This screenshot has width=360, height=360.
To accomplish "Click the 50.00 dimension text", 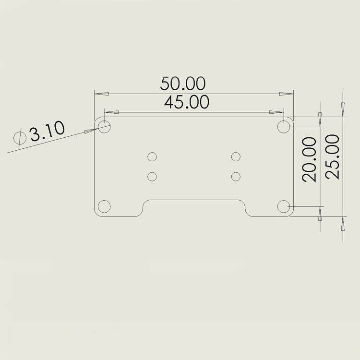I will (x=183, y=84).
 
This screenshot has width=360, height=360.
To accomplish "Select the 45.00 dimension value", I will (x=187, y=102).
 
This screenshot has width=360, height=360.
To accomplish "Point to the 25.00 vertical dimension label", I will (x=332, y=156).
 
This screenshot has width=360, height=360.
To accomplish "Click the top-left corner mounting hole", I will (x=104, y=127).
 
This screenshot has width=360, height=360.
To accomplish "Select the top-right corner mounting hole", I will (x=285, y=127).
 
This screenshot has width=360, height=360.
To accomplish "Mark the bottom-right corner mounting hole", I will (x=285, y=206).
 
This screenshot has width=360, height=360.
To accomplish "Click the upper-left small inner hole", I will (x=152, y=156).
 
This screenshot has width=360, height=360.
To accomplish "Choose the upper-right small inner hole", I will (x=235, y=156).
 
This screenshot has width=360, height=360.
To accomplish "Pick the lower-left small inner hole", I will (x=152, y=176).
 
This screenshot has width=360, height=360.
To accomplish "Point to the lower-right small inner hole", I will (x=235, y=176).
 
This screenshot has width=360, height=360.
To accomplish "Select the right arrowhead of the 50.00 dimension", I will (x=287, y=94).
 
